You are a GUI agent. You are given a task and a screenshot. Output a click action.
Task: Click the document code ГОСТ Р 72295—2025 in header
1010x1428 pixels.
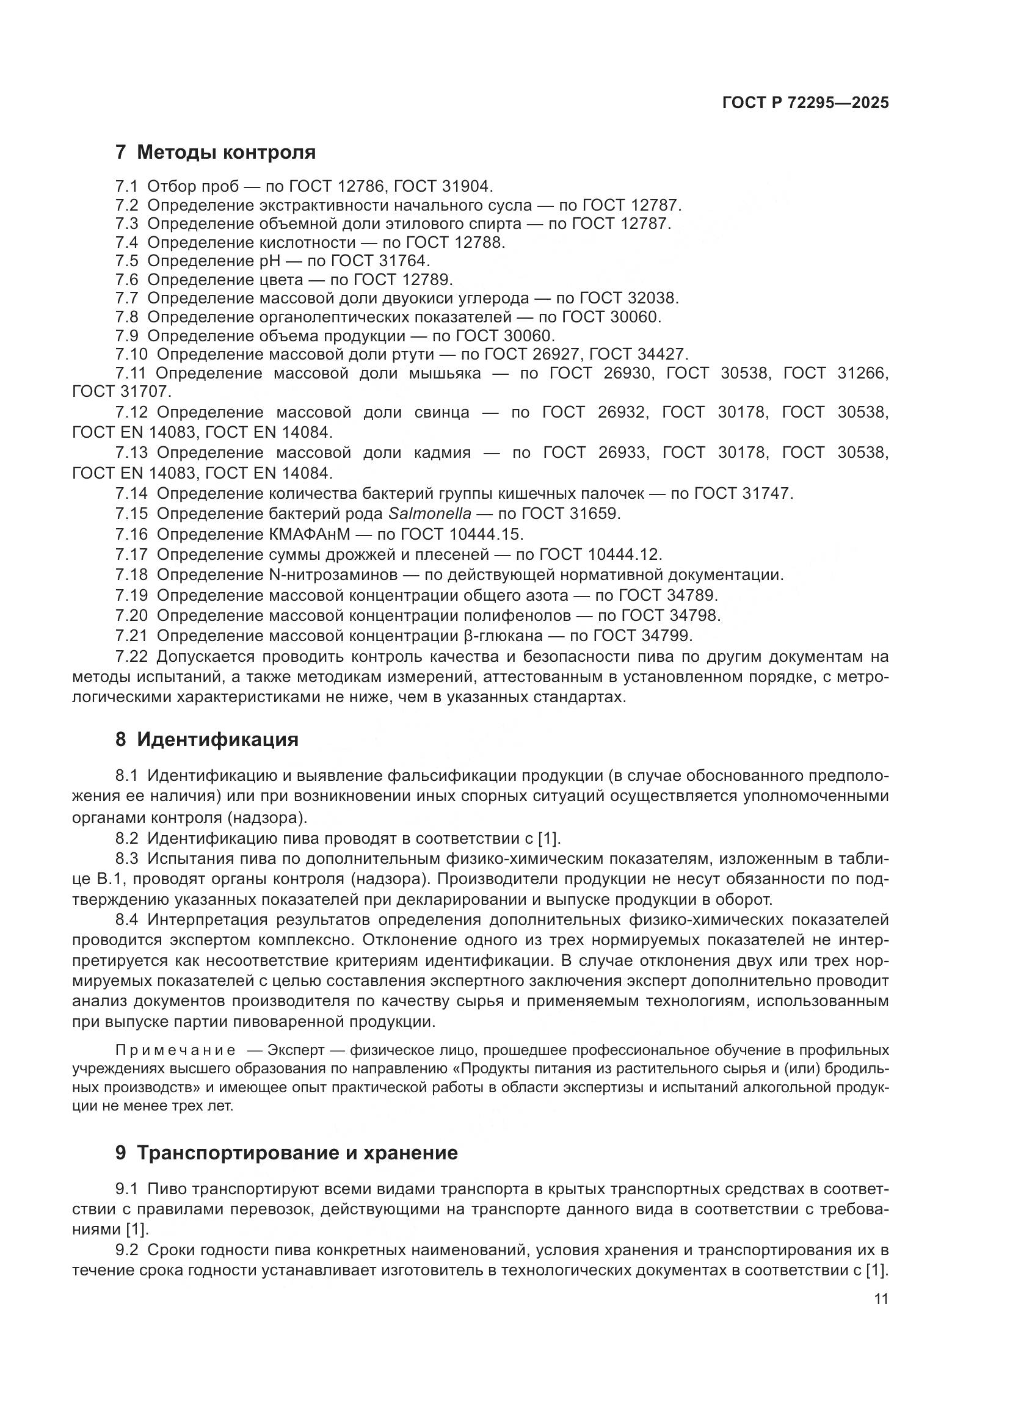pyautogui.click(x=805, y=103)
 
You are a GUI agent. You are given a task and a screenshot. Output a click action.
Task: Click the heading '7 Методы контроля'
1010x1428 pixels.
pyautogui.click(x=215, y=153)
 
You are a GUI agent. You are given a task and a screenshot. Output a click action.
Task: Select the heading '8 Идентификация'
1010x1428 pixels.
pyautogui.click(x=206, y=739)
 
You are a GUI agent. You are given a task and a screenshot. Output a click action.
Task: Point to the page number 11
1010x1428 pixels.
pyautogui.click(x=881, y=1299)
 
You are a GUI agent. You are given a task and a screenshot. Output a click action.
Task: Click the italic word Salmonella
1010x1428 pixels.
pyautogui.click(x=430, y=513)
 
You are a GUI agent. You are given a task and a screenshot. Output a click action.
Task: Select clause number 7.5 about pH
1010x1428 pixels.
pyautogui.click(x=127, y=261)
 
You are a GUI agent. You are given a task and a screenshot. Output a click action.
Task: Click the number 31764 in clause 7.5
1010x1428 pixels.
pyautogui.click(x=404, y=261)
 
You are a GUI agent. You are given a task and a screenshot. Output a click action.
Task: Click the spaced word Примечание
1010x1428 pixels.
pyautogui.click(x=175, y=1051)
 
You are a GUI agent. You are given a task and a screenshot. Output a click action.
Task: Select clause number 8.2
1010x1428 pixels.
pyautogui.click(x=127, y=838)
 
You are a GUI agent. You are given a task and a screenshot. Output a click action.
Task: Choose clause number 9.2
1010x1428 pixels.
pyautogui.click(x=127, y=1250)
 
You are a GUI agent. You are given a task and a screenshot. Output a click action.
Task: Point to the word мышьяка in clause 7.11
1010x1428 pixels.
pyautogui.click(x=445, y=373)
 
